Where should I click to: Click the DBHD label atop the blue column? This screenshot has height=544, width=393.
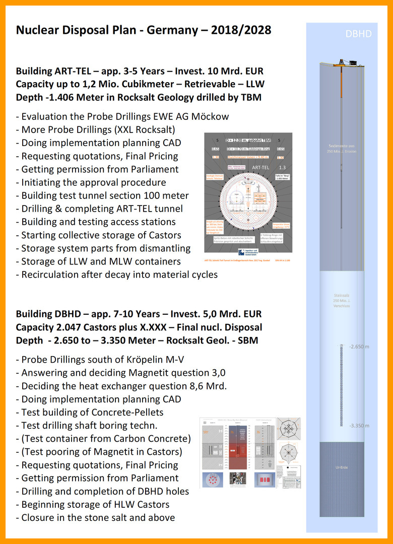click(x=359, y=34)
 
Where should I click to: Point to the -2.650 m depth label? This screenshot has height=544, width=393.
click(x=359, y=346)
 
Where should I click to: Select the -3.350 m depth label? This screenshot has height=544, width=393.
click(x=359, y=426)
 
